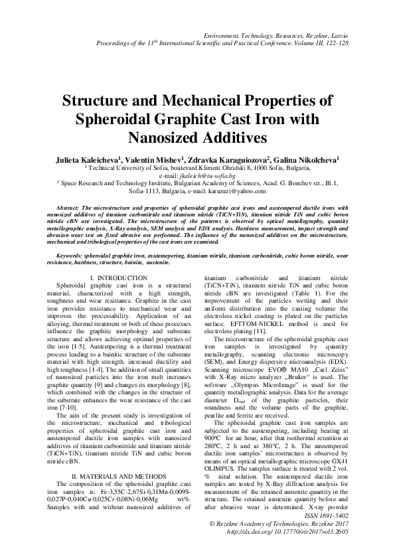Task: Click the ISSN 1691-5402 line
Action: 354,515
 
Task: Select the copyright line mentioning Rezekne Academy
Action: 302,523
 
